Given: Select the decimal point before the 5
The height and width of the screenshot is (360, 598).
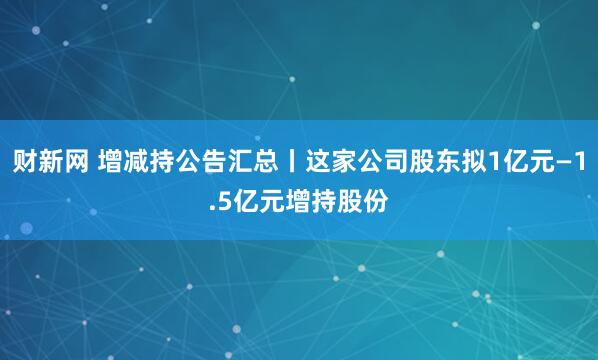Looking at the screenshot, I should point(212,206).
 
